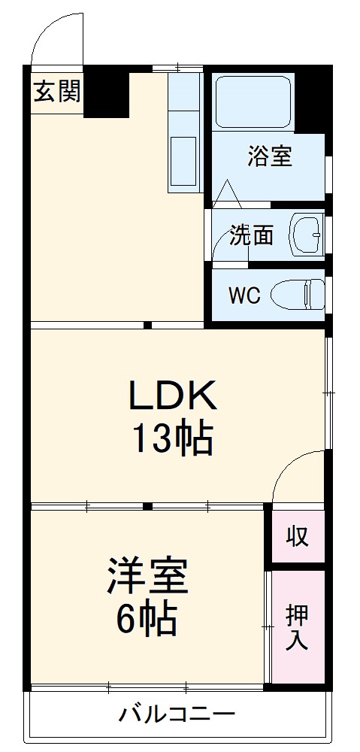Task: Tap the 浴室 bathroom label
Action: coord(271,157)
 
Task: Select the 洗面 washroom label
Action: coord(251,235)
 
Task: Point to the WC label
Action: coord(244,296)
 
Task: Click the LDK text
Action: coord(174,395)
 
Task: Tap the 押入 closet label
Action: coord(297,628)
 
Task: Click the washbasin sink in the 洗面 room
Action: coord(308,235)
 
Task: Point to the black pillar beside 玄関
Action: coord(105,93)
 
